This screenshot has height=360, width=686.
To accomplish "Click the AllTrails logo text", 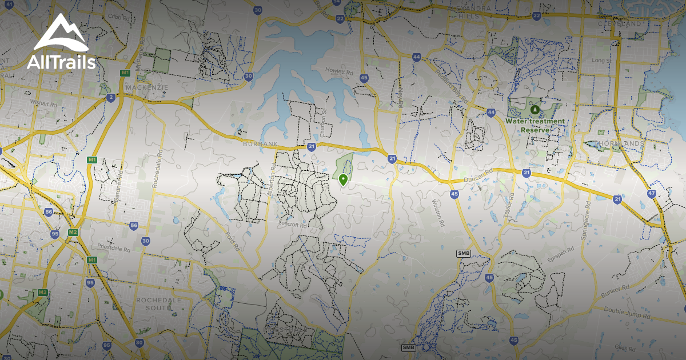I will tap(61, 62).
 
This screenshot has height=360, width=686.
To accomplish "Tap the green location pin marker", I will tap(343, 180).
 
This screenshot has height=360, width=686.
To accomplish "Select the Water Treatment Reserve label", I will tap(535, 125).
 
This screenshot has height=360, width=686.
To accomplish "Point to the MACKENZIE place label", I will tap(148, 87).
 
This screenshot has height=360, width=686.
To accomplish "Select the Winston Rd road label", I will tap(438, 212).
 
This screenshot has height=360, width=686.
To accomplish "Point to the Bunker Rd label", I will tap(615, 291).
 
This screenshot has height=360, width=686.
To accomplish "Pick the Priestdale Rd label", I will tap(114, 249).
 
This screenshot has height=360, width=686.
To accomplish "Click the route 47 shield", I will tap(652, 193).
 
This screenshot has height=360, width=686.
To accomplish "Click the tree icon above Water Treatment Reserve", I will tap(535, 109).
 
